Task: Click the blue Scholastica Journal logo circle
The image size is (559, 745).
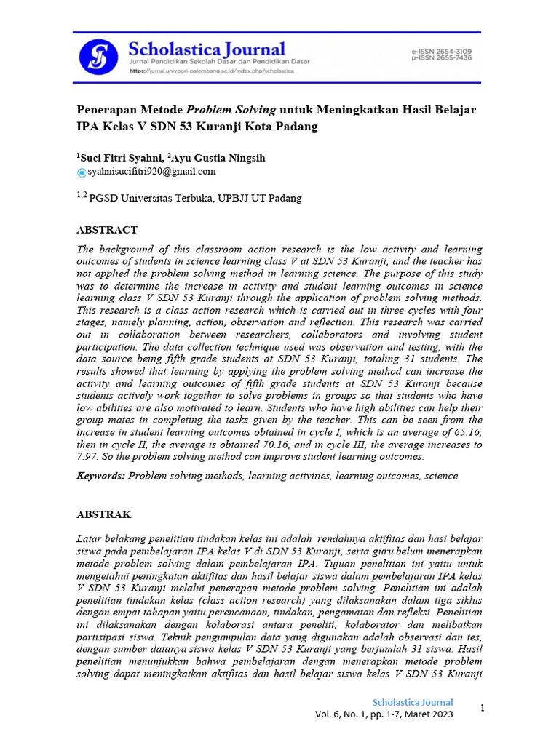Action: click(x=98, y=55)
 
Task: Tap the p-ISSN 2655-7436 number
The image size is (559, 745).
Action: click(x=442, y=57)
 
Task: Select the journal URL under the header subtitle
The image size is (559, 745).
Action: click(x=211, y=71)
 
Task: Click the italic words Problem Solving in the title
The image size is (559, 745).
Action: click(x=231, y=110)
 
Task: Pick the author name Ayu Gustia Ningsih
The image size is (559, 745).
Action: click(x=218, y=157)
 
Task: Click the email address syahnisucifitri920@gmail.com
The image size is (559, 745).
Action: click(x=151, y=172)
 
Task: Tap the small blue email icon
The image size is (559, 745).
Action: click(x=82, y=172)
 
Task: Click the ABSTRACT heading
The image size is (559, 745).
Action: click(x=107, y=230)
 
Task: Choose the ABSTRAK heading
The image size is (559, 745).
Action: click(x=104, y=514)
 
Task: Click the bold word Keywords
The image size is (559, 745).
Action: click(x=101, y=476)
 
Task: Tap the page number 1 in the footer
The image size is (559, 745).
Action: click(x=482, y=708)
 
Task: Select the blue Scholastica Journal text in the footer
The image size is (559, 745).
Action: click(x=413, y=703)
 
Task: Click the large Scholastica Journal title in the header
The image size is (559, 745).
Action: click(x=207, y=49)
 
